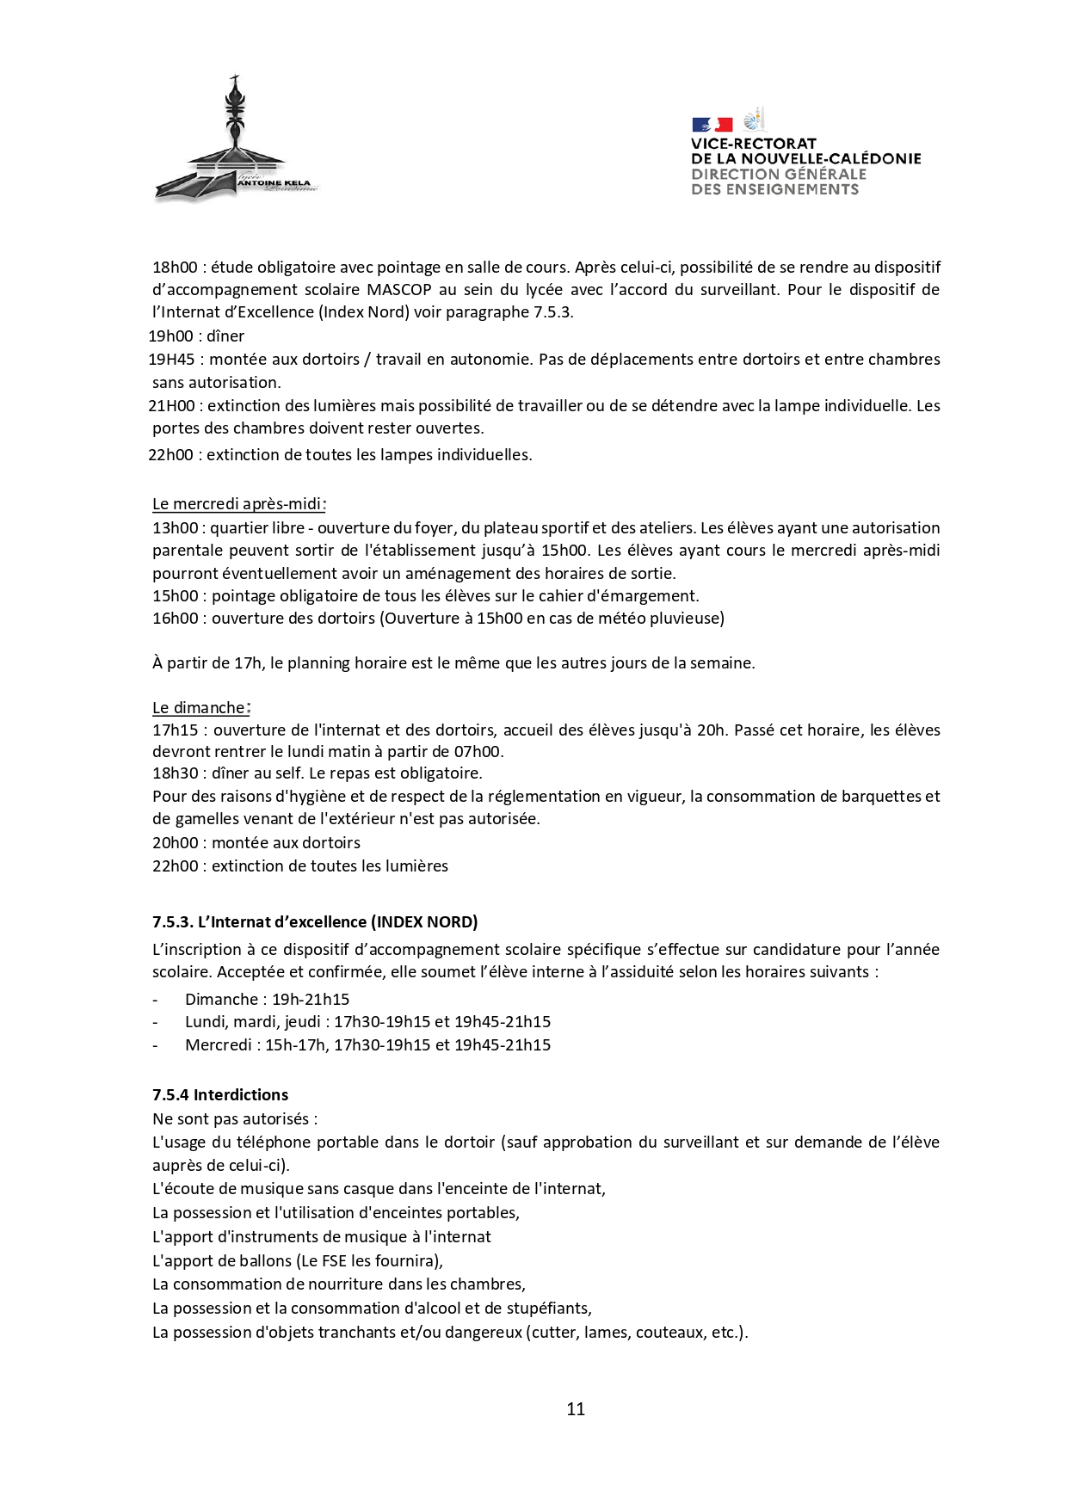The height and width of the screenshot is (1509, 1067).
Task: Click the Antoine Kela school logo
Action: click(234, 143)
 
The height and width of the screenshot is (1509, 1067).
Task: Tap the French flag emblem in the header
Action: click(711, 125)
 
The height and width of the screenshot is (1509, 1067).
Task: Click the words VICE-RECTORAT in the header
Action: click(753, 144)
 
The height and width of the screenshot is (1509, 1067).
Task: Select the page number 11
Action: click(576, 1408)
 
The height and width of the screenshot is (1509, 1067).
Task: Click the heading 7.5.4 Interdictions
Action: click(220, 1094)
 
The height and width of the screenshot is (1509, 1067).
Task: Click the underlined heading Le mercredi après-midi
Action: click(238, 504)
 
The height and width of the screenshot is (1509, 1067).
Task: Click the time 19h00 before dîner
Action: click(170, 336)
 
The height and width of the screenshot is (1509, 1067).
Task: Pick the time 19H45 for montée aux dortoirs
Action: click(171, 359)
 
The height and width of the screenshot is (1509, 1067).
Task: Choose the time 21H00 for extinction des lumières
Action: click(171, 405)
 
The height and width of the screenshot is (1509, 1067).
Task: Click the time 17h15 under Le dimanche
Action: click(175, 730)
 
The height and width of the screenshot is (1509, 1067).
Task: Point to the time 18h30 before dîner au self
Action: click(175, 773)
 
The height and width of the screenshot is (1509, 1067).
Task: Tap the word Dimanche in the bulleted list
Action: click(221, 999)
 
